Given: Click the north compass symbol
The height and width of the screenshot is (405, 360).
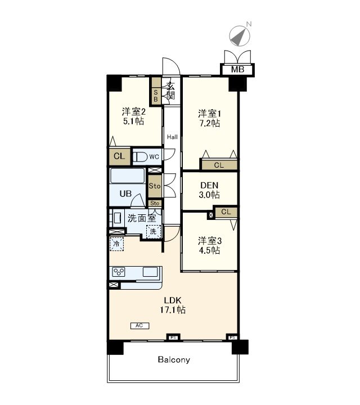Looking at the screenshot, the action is pos(240,36).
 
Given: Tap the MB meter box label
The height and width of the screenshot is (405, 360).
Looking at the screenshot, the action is pos(237,69).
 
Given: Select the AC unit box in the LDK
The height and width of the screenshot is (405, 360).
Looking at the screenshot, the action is pos(139,326).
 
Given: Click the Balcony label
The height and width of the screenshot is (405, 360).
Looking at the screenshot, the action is pos(174,359).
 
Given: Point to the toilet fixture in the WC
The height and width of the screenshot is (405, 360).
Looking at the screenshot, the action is pos(139,157).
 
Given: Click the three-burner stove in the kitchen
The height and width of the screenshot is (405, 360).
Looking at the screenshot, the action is pos(119,272).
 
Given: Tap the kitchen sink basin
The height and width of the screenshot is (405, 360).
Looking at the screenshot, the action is pos(150,272).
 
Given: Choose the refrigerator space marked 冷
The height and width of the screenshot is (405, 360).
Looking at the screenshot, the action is pos(116,244).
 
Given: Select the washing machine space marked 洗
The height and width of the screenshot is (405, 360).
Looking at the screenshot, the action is pos(154,231).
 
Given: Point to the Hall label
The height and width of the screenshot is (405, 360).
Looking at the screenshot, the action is pos(172,137).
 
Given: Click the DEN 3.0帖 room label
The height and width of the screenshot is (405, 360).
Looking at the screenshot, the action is pos(209,190).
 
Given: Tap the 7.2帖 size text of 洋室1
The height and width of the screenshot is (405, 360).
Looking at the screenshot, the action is pos(209,123).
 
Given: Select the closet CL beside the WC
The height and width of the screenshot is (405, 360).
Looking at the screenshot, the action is pos(120,156).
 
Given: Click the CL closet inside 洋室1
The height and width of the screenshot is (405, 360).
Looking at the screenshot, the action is pos(219,165).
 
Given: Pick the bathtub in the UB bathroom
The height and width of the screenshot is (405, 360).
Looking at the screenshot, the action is pos(127,175).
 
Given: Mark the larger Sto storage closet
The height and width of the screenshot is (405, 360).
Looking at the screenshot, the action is pos(155,186).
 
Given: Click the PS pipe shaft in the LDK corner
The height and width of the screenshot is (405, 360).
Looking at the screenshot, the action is pos(232,337).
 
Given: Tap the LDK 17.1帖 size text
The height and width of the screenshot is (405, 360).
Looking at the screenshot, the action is pos(173,310).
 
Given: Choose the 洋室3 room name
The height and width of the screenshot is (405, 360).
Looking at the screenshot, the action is pos(210,241).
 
